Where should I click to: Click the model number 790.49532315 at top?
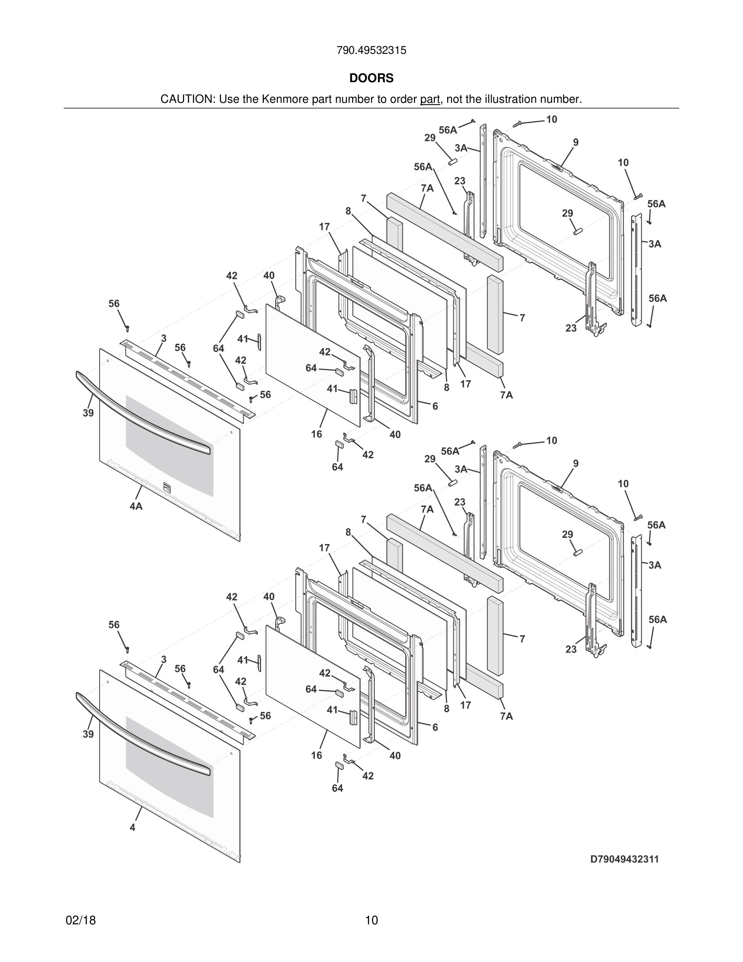click(x=371, y=51)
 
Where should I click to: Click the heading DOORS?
click(x=371, y=78)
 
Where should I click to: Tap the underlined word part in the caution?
click(x=430, y=100)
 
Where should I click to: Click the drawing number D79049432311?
click(x=624, y=859)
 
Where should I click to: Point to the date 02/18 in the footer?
click(x=81, y=920)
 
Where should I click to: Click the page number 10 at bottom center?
click(x=371, y=920)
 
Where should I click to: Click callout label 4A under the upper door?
click(x=136, y=507)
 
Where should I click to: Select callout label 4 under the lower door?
click(x=132, y=828)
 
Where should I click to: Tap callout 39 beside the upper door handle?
click(x=88, y=413)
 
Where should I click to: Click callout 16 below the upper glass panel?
click(x=316, y=434)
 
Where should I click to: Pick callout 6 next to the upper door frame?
click(x=435, y=406)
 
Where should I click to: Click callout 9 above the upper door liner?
click(x=576, y=142)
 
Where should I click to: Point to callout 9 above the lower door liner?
click(x=576, y=463)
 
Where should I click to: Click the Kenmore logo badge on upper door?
click(x=166, y=486)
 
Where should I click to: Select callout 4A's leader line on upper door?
click(x=140, y=492)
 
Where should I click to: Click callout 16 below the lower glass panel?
click(x=316, y=756)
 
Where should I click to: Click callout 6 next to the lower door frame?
click(x=435, y=727)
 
